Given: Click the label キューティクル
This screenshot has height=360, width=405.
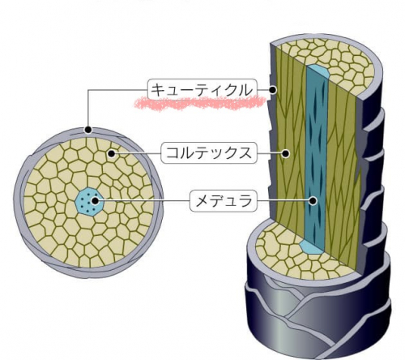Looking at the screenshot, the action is coord(202,89).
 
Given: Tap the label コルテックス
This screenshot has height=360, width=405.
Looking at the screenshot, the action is coord(209,153).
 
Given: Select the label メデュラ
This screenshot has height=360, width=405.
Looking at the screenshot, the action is coord(224,201).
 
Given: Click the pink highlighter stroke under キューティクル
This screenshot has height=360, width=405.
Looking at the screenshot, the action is coord(200,103).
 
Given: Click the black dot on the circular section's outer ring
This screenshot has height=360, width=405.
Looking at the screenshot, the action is coord(88,130).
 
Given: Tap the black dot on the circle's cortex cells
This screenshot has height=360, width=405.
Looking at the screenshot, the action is coord(111,154).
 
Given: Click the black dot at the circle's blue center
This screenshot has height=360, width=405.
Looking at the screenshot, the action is coord(95,201).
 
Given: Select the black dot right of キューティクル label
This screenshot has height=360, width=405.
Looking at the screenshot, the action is coord(273,90).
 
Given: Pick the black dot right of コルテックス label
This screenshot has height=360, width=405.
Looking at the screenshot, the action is coord(285,153).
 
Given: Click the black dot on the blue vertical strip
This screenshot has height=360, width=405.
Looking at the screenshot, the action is coord(313,201).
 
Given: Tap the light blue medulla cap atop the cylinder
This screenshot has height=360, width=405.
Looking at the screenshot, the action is coord(318,71).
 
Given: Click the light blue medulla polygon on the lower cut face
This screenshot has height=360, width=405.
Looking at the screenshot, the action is coord(311,247).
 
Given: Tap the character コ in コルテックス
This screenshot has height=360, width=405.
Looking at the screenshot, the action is coord(173,153).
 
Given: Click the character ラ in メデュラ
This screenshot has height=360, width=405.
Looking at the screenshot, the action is coord(244,201).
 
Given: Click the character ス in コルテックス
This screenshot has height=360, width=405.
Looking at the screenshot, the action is coord(244,153).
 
